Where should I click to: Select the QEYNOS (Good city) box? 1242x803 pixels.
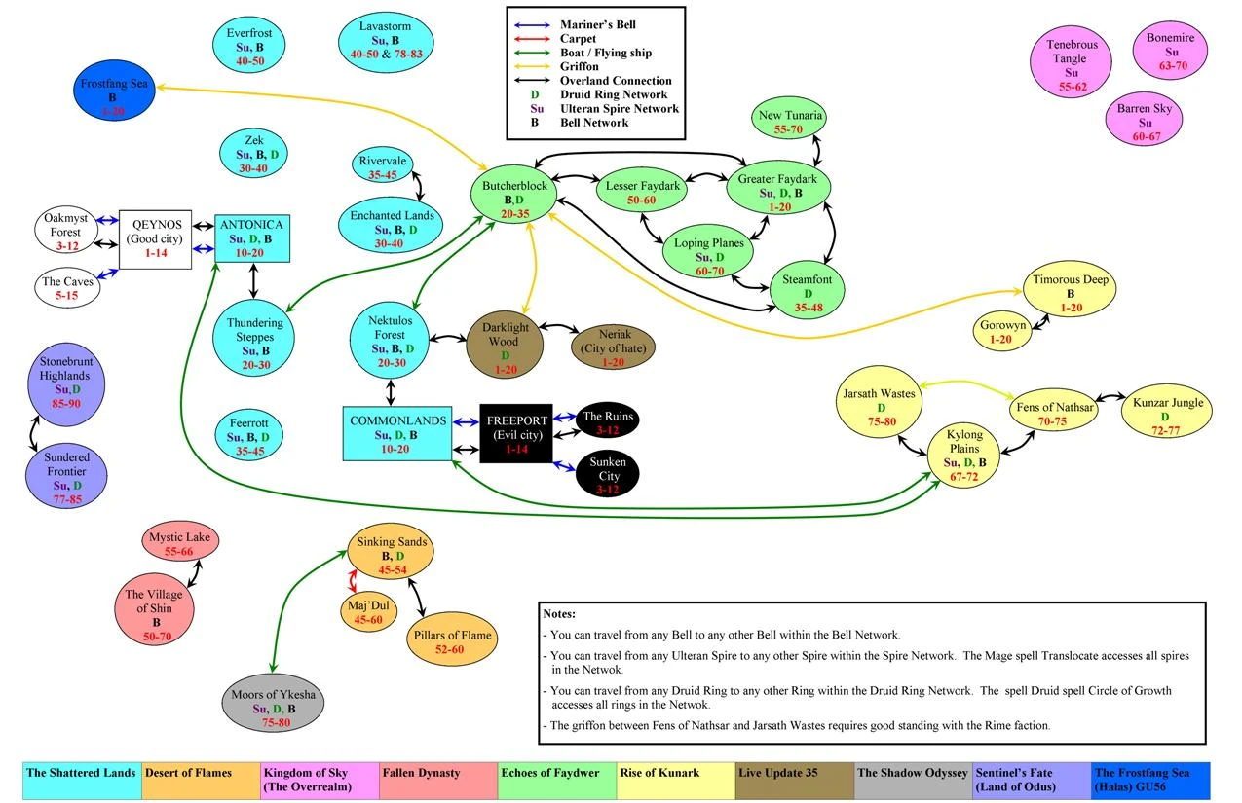(x=155, y=239)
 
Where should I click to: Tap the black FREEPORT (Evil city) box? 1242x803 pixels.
(x=515, y=433)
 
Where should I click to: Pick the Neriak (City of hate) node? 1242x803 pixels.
(x=614, y=347)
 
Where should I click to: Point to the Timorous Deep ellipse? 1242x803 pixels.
(x=1071, y=293)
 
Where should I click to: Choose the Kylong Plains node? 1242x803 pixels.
(x=963, y=455)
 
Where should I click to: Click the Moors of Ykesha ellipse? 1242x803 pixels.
(x=273, y=710)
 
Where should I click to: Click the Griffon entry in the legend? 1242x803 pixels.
(x=579, y=67)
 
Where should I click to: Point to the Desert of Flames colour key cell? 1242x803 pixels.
(x=200, y=780)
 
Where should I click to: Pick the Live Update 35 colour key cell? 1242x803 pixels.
(x=794, y=780)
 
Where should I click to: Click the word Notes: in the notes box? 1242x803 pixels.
(x=560, y=615)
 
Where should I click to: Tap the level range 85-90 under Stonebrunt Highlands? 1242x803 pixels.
(x=65, y=402)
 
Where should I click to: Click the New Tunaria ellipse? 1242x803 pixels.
(x=790, y=122)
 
